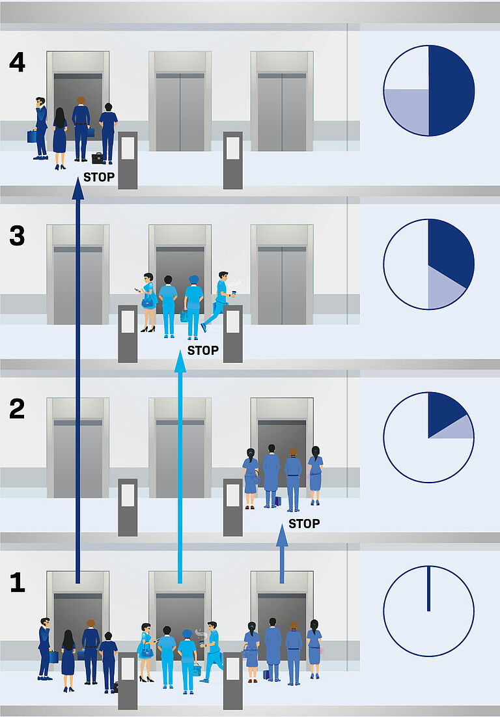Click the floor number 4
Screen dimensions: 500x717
(17, 62)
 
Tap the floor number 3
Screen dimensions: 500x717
(17, 236)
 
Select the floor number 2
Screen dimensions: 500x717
(17, 409)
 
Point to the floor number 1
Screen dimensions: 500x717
(18, 582)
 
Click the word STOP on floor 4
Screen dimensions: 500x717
(99, 177)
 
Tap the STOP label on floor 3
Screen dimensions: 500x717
(203, 350)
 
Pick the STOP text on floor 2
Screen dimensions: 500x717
(304, 524)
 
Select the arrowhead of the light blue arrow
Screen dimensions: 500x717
(180, 362)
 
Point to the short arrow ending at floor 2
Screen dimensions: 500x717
(282, 553)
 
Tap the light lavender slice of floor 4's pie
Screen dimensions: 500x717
(407, 111)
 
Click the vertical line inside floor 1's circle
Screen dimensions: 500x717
(428, 589)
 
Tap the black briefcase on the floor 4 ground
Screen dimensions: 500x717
(98, 158)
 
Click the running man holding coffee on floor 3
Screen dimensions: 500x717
(219, 302)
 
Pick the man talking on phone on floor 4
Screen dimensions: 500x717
(40, 128)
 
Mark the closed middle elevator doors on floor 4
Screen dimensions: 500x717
(180, 112)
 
